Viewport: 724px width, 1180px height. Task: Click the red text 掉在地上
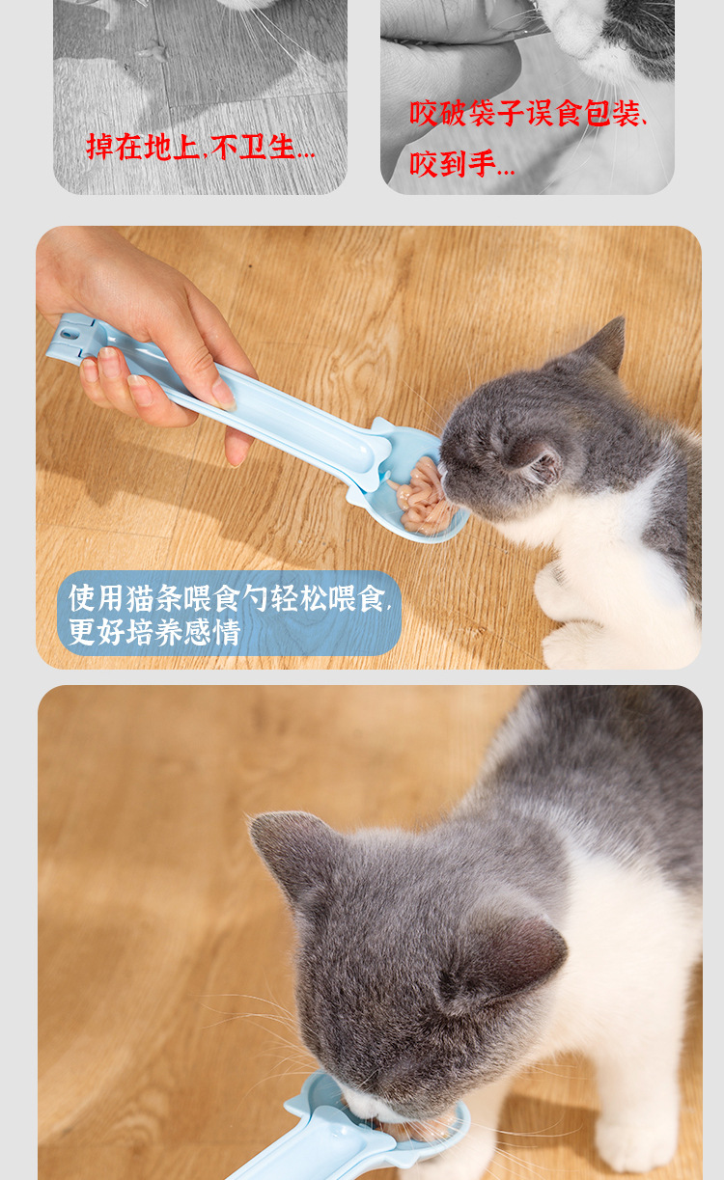tap(142, 147)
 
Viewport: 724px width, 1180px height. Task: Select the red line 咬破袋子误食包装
tap(526, 114)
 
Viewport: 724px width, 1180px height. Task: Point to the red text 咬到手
tap(460, 164)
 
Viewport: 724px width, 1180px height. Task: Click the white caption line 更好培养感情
tap(154, 633)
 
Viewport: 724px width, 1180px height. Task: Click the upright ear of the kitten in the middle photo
tap(605, 344)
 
